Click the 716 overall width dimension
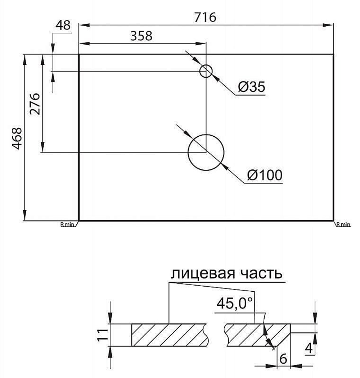205,17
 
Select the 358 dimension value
141,36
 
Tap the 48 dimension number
63,25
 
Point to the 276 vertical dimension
35,104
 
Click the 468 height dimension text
17,138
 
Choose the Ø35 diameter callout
252,87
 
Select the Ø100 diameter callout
265,175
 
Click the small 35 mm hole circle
206,65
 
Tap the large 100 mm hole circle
206,135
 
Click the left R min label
67,224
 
